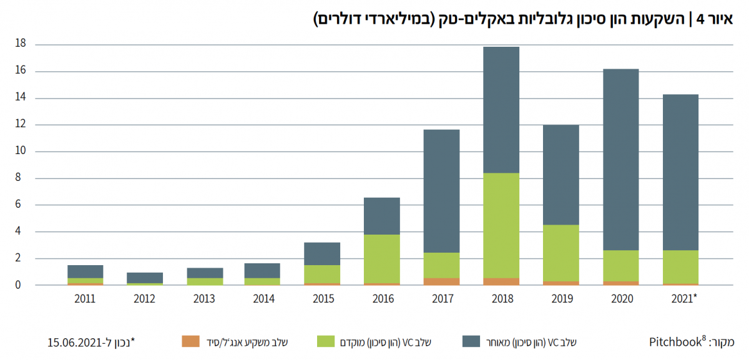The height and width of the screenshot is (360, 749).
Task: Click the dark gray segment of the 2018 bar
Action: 501,110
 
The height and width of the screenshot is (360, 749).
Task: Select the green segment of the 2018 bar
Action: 501,225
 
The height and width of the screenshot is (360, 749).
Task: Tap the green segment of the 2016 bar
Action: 382,258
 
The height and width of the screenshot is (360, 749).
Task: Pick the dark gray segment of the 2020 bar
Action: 620,159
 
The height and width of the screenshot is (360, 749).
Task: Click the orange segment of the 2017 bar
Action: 441,281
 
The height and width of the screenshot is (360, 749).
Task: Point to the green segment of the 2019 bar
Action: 561,253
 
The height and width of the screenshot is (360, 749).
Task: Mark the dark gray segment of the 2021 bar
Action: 680,172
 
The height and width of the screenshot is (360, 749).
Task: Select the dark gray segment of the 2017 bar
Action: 441,191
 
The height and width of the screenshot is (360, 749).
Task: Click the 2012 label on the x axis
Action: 144,299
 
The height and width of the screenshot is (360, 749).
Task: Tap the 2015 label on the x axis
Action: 323,299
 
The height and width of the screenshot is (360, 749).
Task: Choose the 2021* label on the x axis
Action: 682,299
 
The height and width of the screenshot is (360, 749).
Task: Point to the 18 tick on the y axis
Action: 21,44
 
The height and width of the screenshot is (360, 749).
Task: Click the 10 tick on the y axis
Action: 21,152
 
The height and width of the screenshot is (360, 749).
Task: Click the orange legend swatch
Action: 191,341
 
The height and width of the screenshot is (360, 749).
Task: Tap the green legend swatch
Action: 326,341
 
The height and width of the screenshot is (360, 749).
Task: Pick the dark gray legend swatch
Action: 471,341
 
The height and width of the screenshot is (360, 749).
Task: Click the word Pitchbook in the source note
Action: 674,341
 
